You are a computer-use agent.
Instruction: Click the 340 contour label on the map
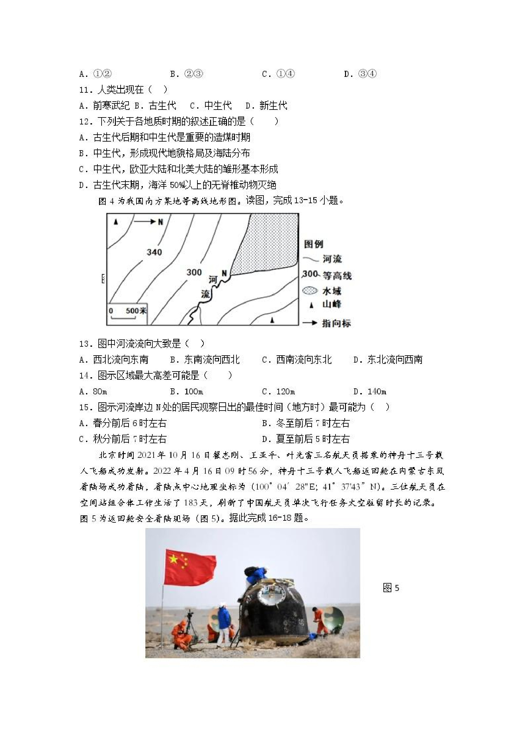coord(154,252)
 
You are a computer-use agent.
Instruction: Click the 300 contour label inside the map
coord(194,272)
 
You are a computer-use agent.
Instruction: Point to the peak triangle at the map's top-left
coord(116,222)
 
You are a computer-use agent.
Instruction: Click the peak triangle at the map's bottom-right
coord(272,320)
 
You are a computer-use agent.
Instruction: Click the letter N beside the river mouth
coord(224,273)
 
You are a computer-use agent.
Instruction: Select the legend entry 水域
coord(332,291)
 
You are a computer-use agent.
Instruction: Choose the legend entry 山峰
coord(332,304)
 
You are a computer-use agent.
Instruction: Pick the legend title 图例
coord(314,244)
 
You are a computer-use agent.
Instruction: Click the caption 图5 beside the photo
coord(391,588)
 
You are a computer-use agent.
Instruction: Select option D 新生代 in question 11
coord(266,105)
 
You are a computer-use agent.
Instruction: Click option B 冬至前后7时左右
coord(306,423)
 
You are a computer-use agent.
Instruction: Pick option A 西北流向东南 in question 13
coord(114,359)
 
